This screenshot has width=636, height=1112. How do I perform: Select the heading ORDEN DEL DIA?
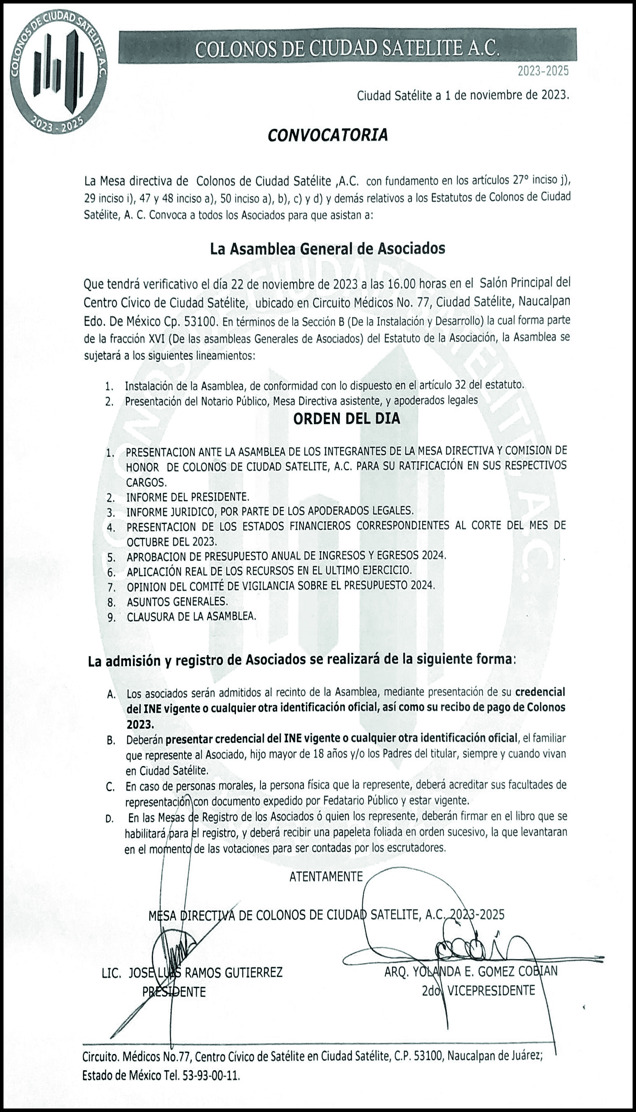click(346, 419)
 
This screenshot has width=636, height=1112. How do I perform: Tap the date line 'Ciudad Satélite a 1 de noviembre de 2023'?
click(463, 96)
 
